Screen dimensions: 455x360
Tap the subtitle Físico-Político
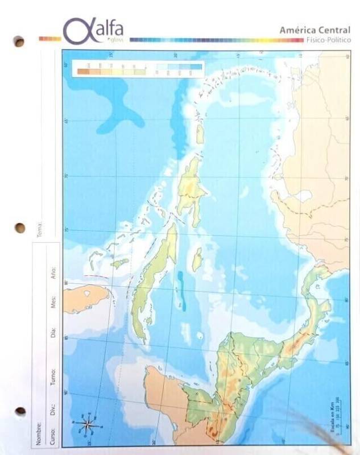(x=328, y=40)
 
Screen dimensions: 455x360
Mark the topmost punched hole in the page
(x=19, y=42)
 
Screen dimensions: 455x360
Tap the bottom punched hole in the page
(x=20, y=411)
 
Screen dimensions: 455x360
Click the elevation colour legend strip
(x=139, y=69)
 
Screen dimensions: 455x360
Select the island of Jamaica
(x=197, y=259)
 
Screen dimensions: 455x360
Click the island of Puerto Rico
(x=200, y=134)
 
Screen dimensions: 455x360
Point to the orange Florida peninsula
(x=85, y=299)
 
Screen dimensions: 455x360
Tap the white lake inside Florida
(x=87, y=293)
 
